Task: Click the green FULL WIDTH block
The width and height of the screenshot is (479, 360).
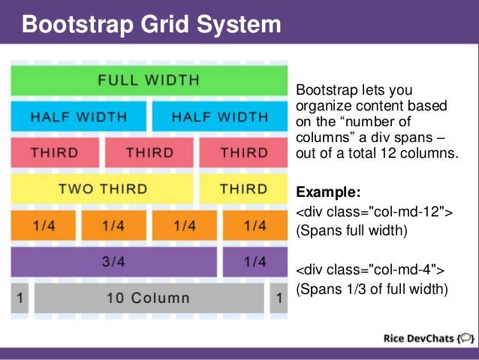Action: tap(149, 80)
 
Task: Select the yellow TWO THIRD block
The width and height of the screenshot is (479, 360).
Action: tap(102, 189)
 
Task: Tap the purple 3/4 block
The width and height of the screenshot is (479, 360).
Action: tap(113, 262)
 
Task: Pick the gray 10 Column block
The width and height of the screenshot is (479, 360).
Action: tap(149, 298)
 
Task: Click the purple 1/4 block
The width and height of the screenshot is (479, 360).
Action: tap(255, 262)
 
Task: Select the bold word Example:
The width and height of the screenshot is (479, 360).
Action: tap(329, 191)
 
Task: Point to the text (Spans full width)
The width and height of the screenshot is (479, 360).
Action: tap(352, 231)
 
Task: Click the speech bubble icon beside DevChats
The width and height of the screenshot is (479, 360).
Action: tap(465, 337)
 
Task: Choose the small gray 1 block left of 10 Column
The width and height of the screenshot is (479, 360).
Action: tap(20, 298)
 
